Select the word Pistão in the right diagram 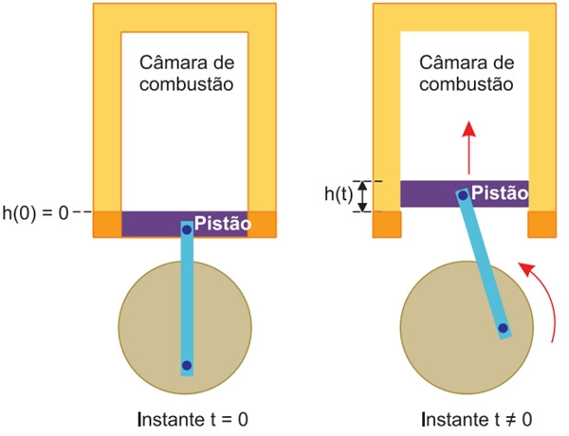500,192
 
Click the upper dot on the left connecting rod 187,229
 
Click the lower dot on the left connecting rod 187,365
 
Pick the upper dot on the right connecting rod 463,196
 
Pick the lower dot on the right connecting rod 502,330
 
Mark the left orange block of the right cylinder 387,225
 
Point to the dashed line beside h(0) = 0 83,211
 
